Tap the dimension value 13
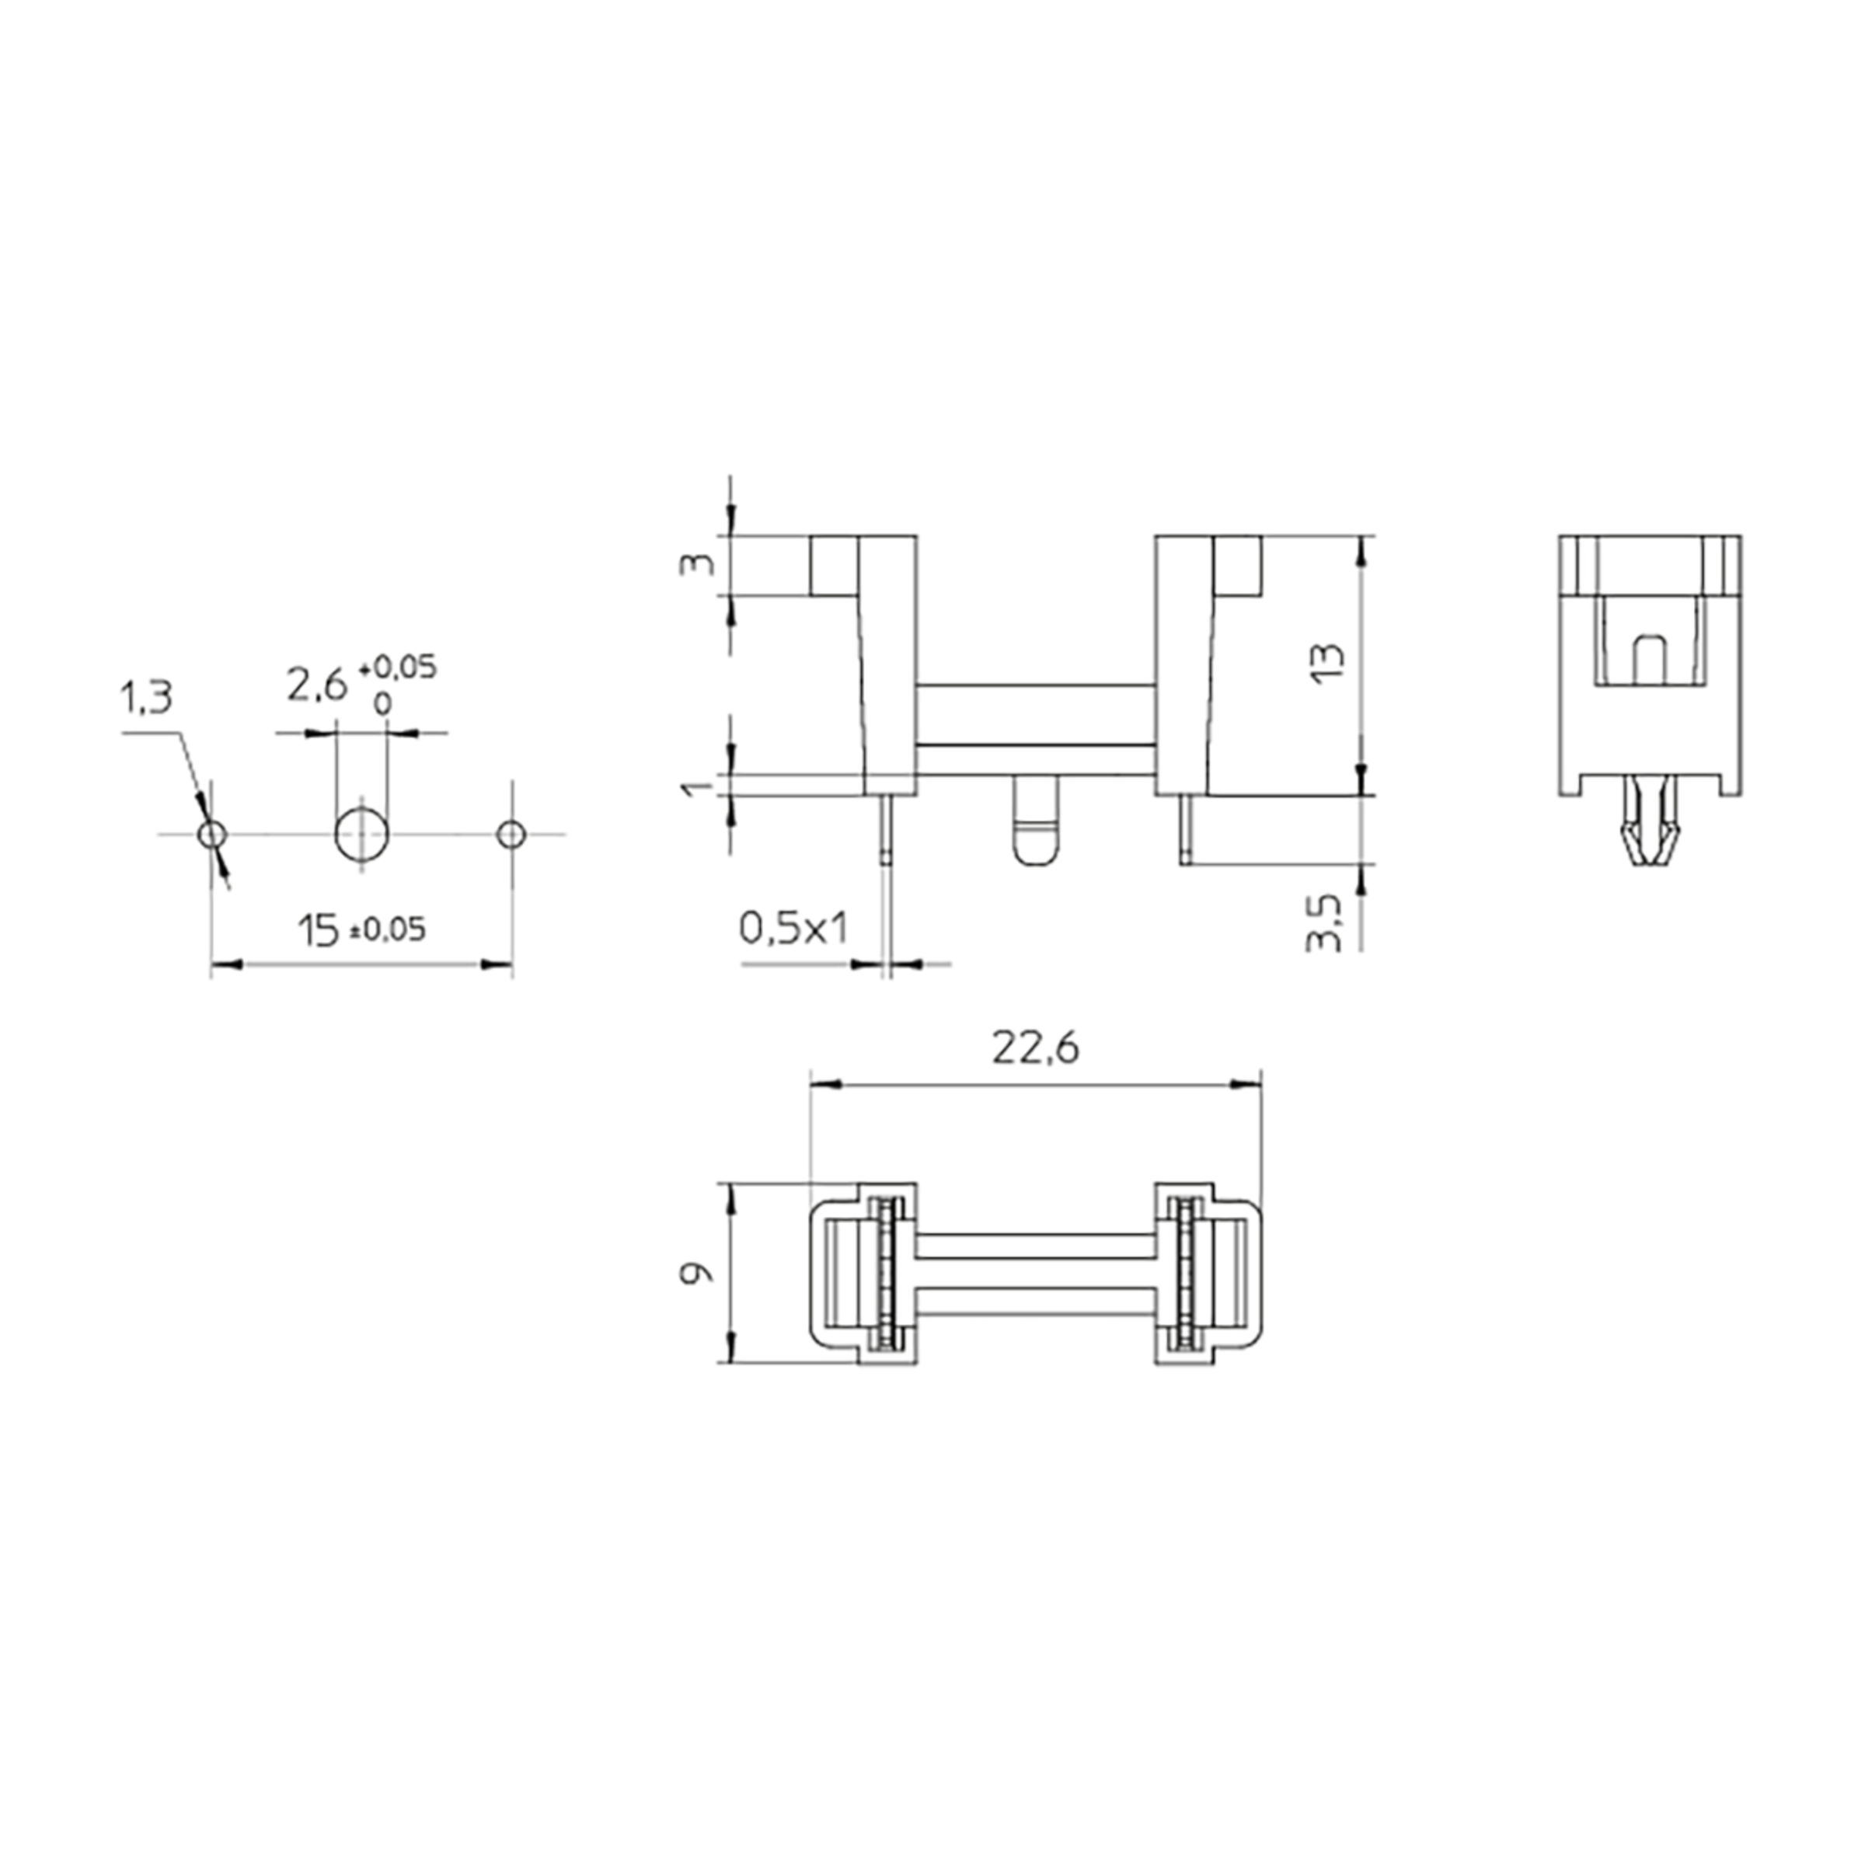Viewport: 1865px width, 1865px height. tap(1330, 662)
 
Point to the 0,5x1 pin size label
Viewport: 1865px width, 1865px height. tap(793, 928)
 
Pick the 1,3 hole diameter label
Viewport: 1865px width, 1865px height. tap(146, 697)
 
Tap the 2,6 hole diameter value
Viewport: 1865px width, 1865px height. tap(315, 685)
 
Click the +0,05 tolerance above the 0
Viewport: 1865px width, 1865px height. tap(397, 667)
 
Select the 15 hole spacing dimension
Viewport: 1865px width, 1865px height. tap(319, 932)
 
